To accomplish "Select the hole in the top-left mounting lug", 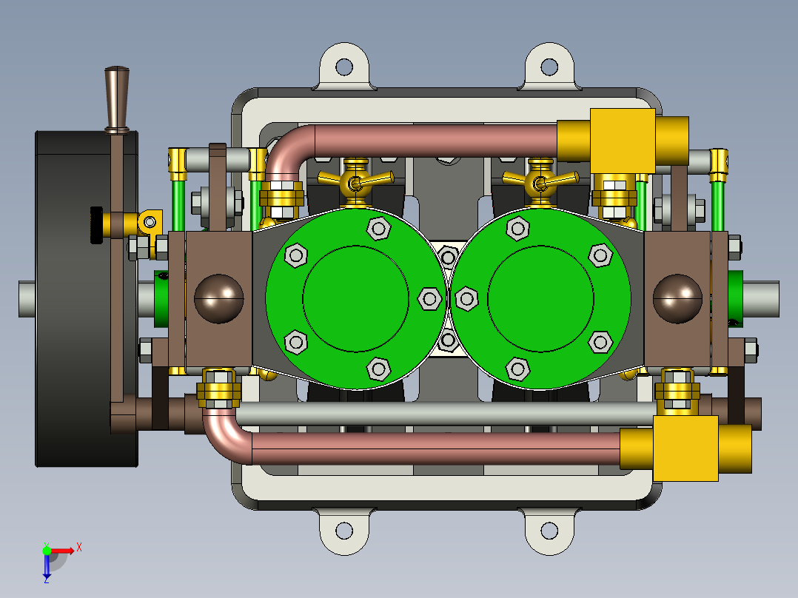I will tap(343, 67).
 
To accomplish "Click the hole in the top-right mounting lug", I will tap(549, 67).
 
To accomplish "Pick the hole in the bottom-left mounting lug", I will tap(343, 531).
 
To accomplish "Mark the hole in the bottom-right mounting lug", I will tap(549, 531).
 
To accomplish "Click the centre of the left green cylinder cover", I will tap(355, 298).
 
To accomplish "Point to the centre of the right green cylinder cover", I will tap(541, 298).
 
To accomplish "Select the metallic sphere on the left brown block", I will tap(219, 298).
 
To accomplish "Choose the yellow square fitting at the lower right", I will tap(685, 448).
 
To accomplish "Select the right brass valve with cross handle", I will tap(540, 181).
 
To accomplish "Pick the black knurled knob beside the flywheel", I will tap(95, 224).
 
